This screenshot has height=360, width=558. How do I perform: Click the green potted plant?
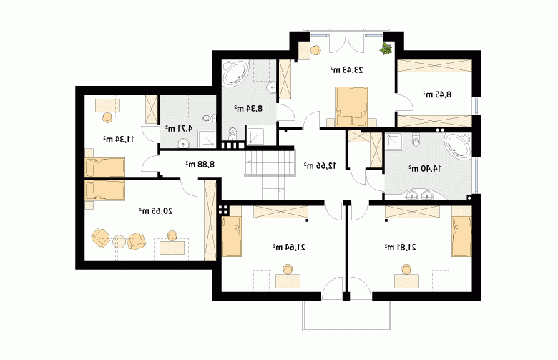[386, 49]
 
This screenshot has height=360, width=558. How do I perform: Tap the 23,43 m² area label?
[346, 70]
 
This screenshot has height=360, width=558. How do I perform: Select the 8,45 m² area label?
[437, 94]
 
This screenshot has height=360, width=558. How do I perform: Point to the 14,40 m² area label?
[424, 169]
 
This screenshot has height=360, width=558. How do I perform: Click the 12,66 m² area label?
[320, 165]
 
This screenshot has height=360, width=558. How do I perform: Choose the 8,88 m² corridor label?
[200, 164]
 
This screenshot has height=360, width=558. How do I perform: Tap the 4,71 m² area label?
[179, 128]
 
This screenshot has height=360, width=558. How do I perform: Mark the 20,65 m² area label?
[156, 211]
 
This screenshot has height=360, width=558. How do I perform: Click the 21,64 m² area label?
[289, 247]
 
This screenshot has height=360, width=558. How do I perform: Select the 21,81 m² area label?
[401, 247]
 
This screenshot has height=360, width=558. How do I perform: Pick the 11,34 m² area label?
[119, 139]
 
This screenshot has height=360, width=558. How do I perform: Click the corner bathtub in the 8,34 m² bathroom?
[235, 73]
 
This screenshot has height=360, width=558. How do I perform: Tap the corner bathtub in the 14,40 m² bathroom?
[459, 145]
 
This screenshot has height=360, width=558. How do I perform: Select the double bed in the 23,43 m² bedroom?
[351, 107]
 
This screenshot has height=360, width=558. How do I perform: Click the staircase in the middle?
[271, 175]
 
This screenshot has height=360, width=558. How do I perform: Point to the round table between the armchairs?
[119, 242]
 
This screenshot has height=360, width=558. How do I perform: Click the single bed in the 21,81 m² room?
[461, 237]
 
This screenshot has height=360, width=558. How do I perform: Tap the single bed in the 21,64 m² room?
[231, 237]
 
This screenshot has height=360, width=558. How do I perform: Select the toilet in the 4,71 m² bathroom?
[209, 118]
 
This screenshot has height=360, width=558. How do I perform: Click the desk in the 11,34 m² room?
[107, 106]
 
